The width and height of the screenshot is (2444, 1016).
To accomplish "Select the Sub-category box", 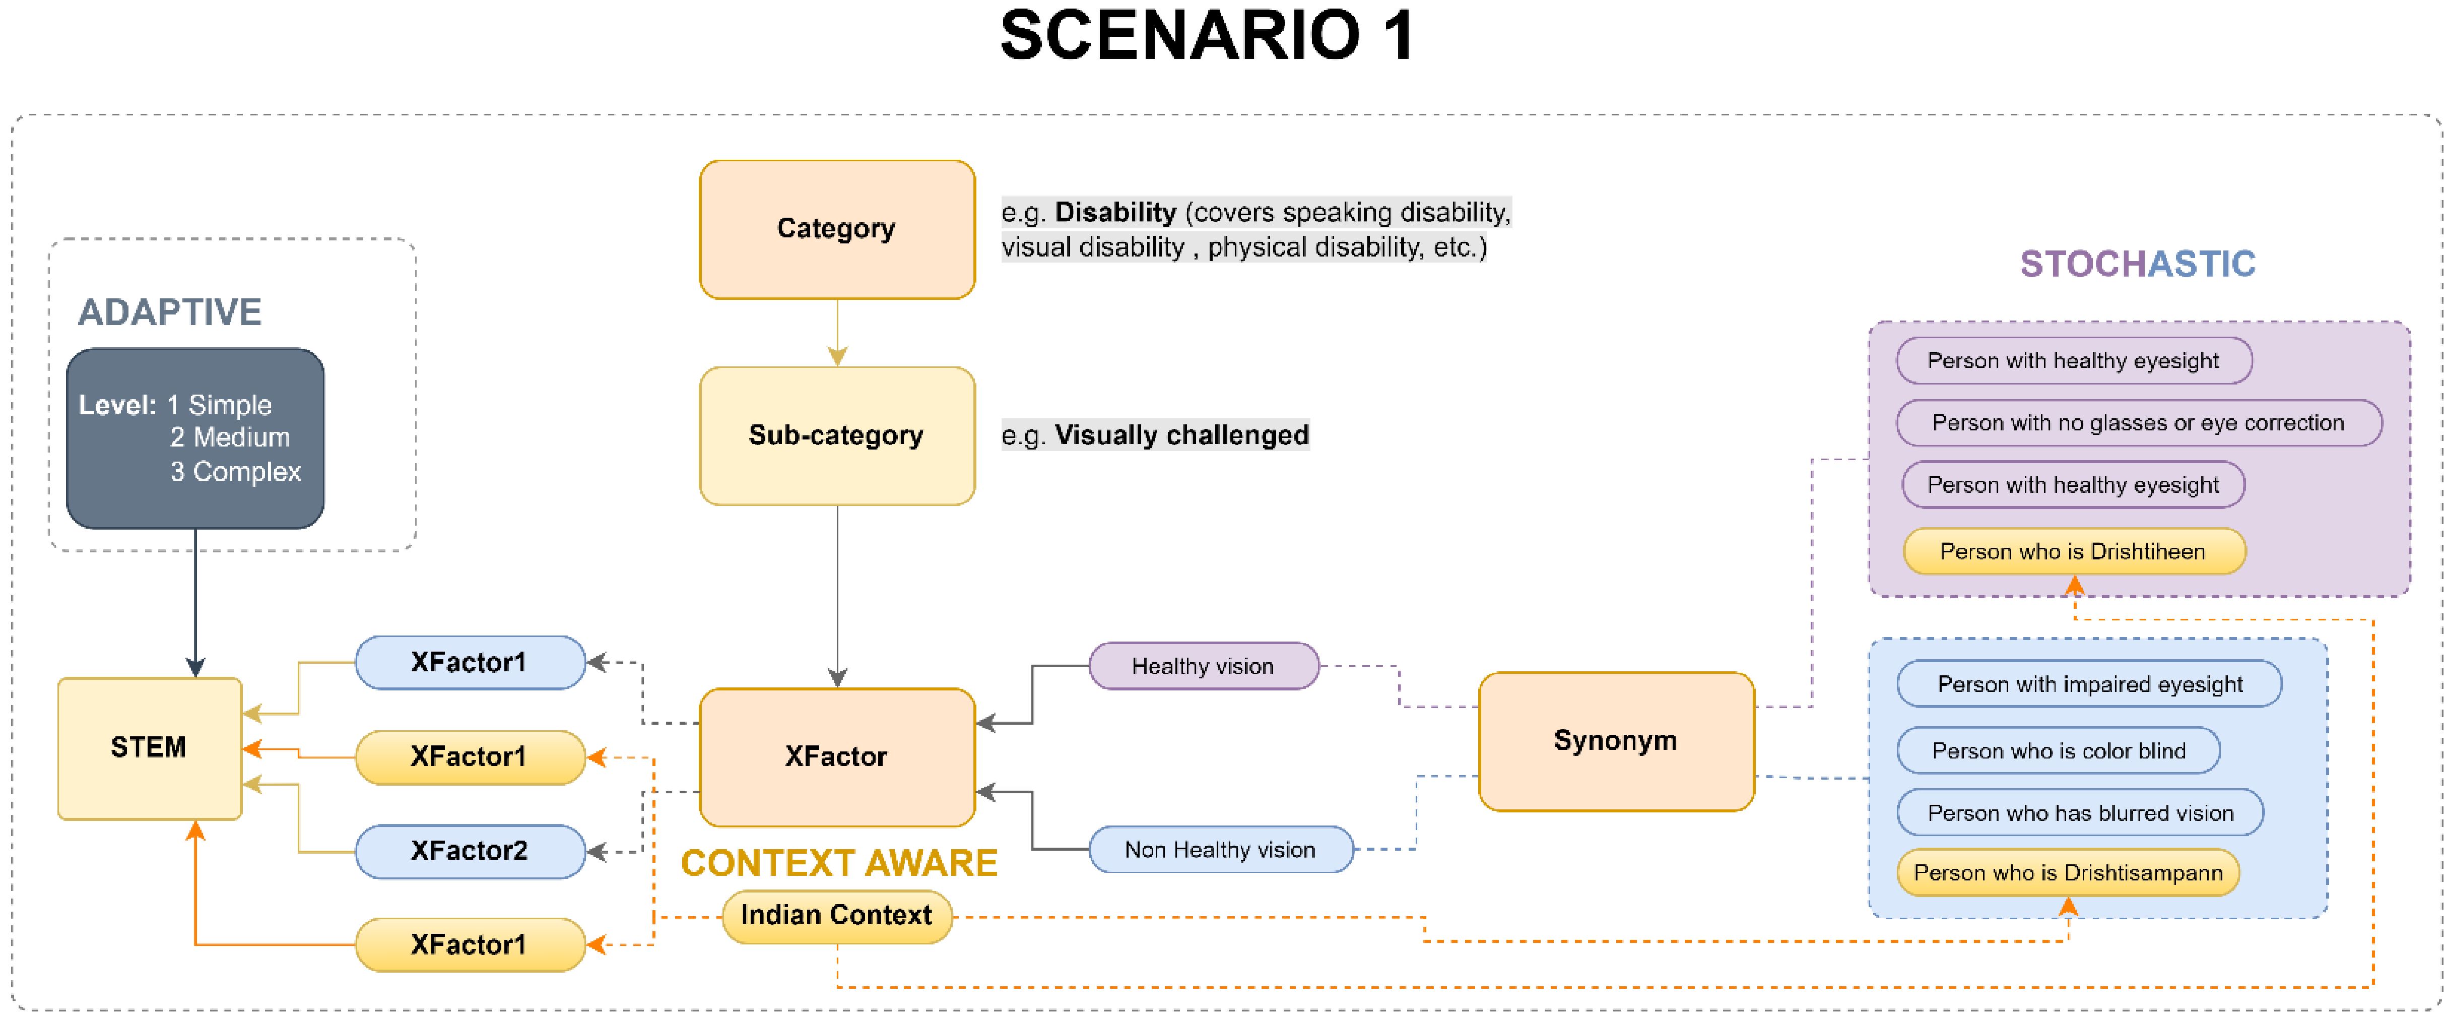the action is click(837, 435).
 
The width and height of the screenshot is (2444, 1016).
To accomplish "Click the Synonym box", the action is click(1616, 741).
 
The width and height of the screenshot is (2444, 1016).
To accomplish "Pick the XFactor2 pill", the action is click(470, 851).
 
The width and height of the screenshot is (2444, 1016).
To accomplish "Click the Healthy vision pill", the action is click(1203, 666).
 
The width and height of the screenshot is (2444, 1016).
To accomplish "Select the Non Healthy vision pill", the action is click(1220, 850).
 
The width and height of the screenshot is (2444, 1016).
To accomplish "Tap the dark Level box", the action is click(195, 438).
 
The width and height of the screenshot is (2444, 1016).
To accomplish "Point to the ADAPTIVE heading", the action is click(170, 312).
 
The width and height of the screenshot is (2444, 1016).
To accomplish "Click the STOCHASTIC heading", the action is click(2138, 264).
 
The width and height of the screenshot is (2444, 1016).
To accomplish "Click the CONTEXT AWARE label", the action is click(839, 863).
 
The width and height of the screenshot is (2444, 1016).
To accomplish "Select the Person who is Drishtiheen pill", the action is click(2074, 551).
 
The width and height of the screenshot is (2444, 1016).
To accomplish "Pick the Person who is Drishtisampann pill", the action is click(2068, 873).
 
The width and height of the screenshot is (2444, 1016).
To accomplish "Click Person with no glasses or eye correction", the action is click(2139, 423).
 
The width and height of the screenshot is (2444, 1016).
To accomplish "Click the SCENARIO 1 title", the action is click(1208, 36).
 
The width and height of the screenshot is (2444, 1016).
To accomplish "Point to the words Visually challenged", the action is click(1182, 435).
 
